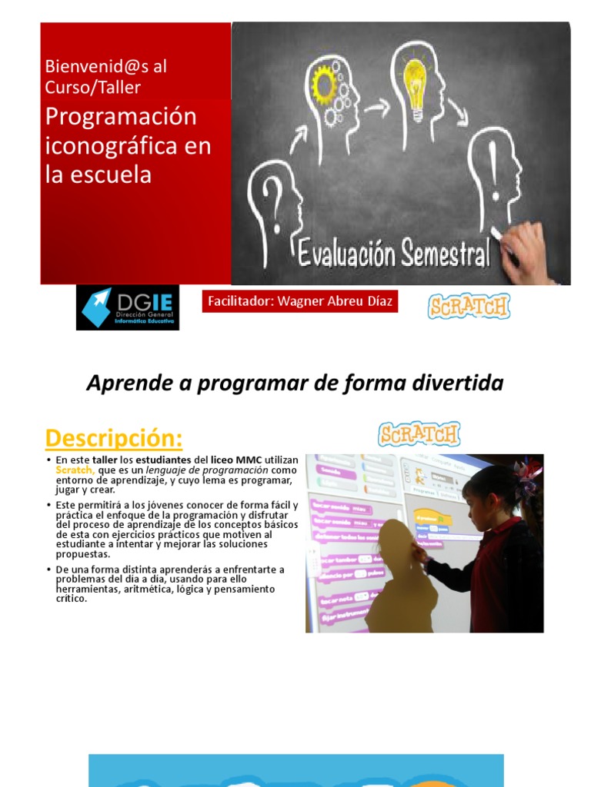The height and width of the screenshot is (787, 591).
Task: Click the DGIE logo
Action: (x=128, y=307)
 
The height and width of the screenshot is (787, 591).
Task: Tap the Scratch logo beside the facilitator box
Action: (x=469, y=306)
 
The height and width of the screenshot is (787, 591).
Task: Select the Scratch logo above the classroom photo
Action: (x=419, y=434)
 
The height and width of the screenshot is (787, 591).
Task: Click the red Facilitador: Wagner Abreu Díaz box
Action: (x=300, y=301)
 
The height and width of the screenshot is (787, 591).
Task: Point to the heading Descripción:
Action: (x=114, y=438)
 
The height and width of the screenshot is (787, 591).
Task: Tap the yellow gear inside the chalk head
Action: (x=324, y=85)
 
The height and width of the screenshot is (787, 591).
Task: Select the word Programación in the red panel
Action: (x=121, y=118)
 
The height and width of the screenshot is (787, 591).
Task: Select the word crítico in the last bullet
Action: (x=72, y=598)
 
